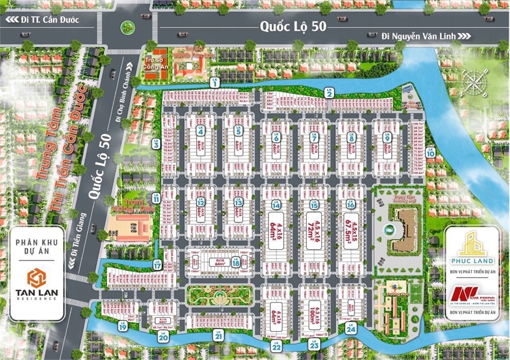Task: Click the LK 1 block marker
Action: click(x=215, y=82)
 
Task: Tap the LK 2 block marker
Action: click(x=330, y=92)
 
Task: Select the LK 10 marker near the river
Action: click(x=430, y=152)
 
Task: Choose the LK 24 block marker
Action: click(x=350, y=328)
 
